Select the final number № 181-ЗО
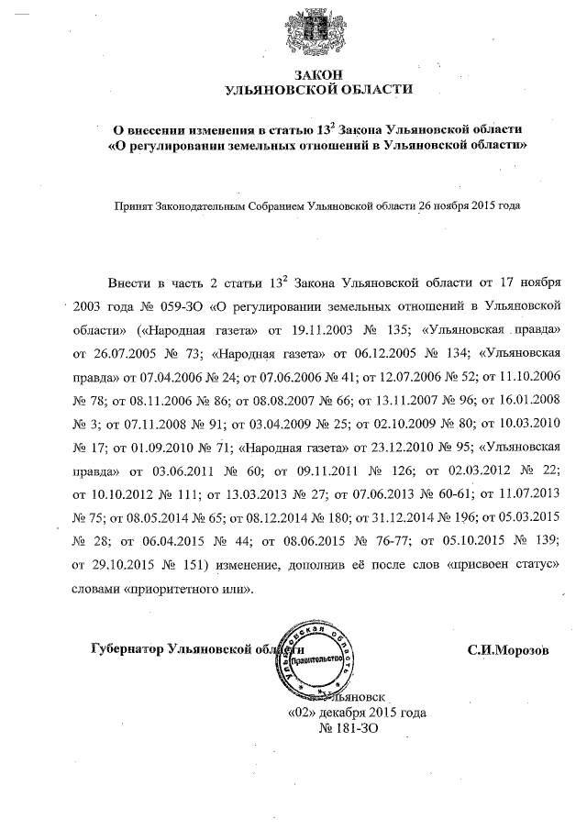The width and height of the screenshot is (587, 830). [349, 728]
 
